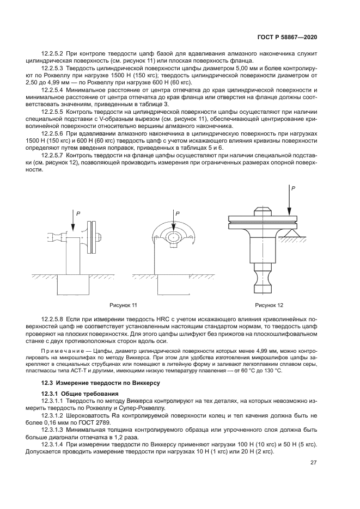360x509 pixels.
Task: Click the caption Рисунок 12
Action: click(269, 305)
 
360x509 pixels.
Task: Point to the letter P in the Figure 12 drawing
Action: click(293, 188)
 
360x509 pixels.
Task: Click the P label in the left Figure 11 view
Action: click(78, 214)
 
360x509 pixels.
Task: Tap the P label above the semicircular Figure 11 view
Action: click(177, 214)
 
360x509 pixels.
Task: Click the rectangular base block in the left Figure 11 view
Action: click(71, 284)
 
